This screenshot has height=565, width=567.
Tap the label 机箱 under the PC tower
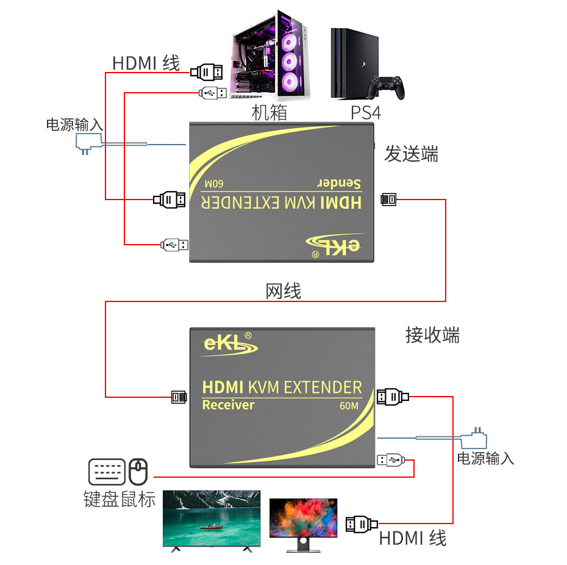269,113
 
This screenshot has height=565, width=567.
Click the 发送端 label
411,154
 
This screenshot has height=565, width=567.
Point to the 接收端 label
432,334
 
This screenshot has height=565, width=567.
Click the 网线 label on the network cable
283,291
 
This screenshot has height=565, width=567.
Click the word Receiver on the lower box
228,405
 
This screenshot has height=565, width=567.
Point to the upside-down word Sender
339,183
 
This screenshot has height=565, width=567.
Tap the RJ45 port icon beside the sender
388,199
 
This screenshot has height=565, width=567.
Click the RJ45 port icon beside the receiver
178,397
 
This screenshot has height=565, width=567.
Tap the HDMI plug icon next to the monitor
362,523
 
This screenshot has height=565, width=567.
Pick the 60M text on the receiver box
350,405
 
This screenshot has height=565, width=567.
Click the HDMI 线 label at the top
146,63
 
